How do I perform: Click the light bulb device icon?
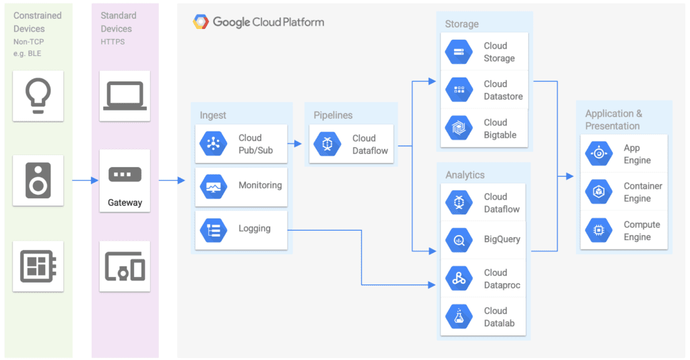pyautogui.click(x=38, y=95)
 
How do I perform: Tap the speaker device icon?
pyautogui.click(x=38, y=180)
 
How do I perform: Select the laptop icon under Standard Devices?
pyautogui.click(x=125, y=95)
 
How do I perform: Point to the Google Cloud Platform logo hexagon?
pyautogui.click(x=201, y=22)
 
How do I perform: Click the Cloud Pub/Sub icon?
pyautogui.click(x=214, y=144)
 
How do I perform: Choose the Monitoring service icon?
pyautogui.click(x=214, y=185)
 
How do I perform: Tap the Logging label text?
pyautogui.click(x=254, y=229)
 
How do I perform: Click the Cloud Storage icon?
pyautogui.click(x=460, y=52)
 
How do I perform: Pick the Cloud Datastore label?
pyautogui.click(x=503, y=90)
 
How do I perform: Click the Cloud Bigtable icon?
pyautogui.click(x=460, y=128)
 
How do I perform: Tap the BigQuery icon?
pyautogui.click(x=460, y=239)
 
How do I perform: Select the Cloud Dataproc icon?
pyautogui.click(x=460, y=278)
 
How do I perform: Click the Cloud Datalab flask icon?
pyautogui.click(x=460, y=317)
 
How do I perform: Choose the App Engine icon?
pyautogui.click(x=599, y=154)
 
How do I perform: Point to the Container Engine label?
pyautogui.click(x=642, y=192)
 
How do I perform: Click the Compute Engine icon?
pyautogui.click(x=599, y=231)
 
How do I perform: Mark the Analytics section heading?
pyautogui.click(x=465, y=175)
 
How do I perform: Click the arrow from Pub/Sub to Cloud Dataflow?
pyautogui.click(x=294, y=144)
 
